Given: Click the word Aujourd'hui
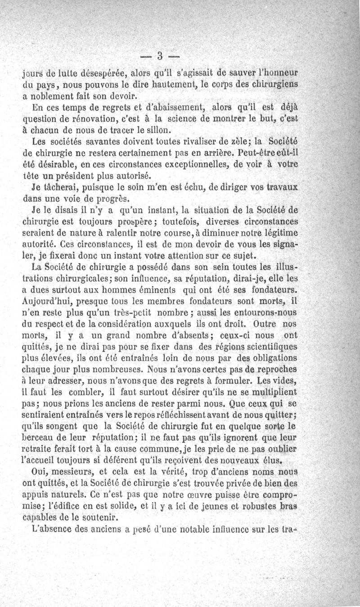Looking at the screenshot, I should tap(47, 301).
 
